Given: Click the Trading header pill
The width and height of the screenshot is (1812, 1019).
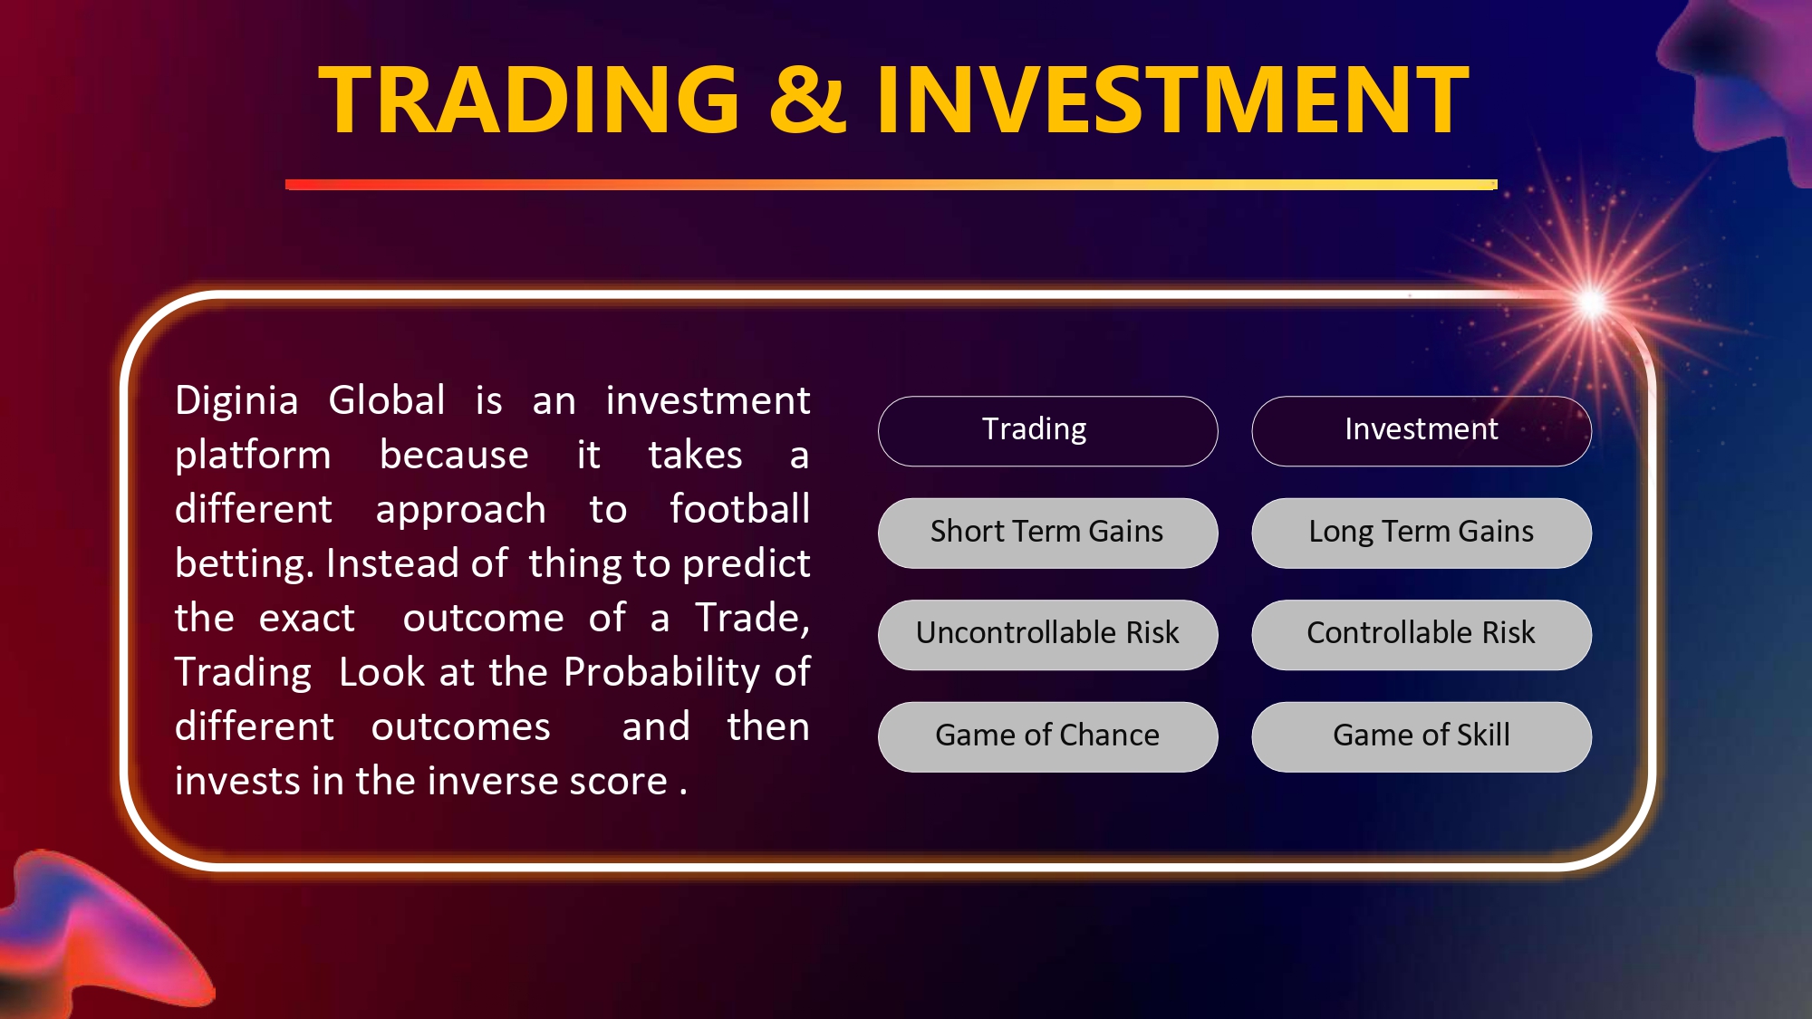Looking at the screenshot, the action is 1048,431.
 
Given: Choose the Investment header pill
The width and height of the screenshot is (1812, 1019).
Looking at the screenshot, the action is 1422,431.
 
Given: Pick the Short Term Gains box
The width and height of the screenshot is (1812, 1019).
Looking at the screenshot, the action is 1048,533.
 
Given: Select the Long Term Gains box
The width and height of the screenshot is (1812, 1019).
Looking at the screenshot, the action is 1422,533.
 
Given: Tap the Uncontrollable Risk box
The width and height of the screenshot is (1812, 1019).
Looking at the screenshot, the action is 1048,635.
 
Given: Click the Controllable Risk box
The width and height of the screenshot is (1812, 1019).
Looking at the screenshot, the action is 1422,635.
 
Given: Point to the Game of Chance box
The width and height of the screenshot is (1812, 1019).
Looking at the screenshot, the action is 1048,736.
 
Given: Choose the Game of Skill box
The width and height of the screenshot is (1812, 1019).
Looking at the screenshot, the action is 1422,736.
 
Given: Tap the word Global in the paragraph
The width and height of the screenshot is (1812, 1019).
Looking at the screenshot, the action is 387,400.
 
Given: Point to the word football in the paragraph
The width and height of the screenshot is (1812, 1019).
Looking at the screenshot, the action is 740,509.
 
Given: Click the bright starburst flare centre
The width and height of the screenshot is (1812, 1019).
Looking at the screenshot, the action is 1592,303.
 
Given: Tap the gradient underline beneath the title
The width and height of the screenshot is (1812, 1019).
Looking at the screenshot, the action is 892,185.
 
